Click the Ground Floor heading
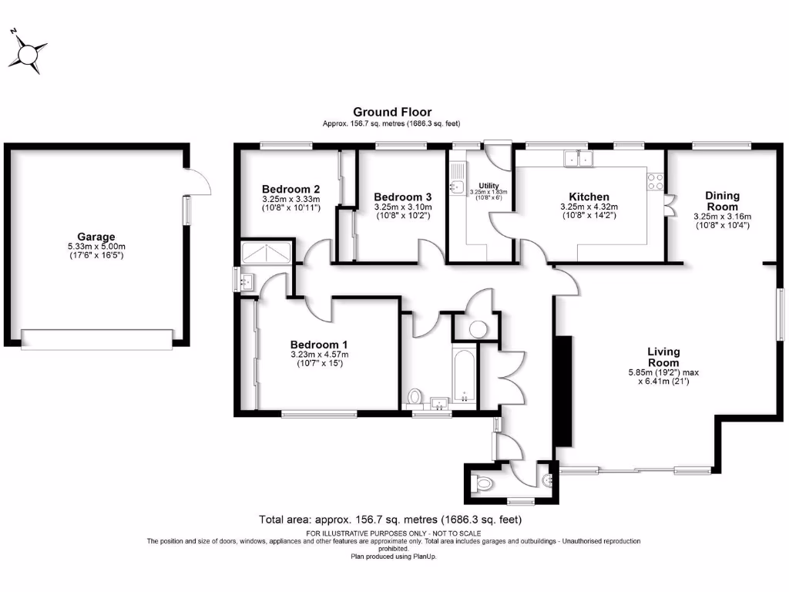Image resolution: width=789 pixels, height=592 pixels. [x=392, y=112]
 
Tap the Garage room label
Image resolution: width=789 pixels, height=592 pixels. [x=96, y=237]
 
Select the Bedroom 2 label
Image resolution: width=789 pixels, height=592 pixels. [x=290, y=189]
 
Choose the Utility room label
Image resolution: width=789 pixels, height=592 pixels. [x=489, y=186]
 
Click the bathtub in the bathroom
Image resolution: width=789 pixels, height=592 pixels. [x=464, y=378]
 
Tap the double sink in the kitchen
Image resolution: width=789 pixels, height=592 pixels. [x=578, y=159]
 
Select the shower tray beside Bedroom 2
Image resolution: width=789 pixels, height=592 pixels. [x=267, y=252]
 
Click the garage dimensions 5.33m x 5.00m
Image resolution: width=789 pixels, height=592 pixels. [x=96, y=246]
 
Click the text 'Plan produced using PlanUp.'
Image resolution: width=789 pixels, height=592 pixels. [x=394, y=556]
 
